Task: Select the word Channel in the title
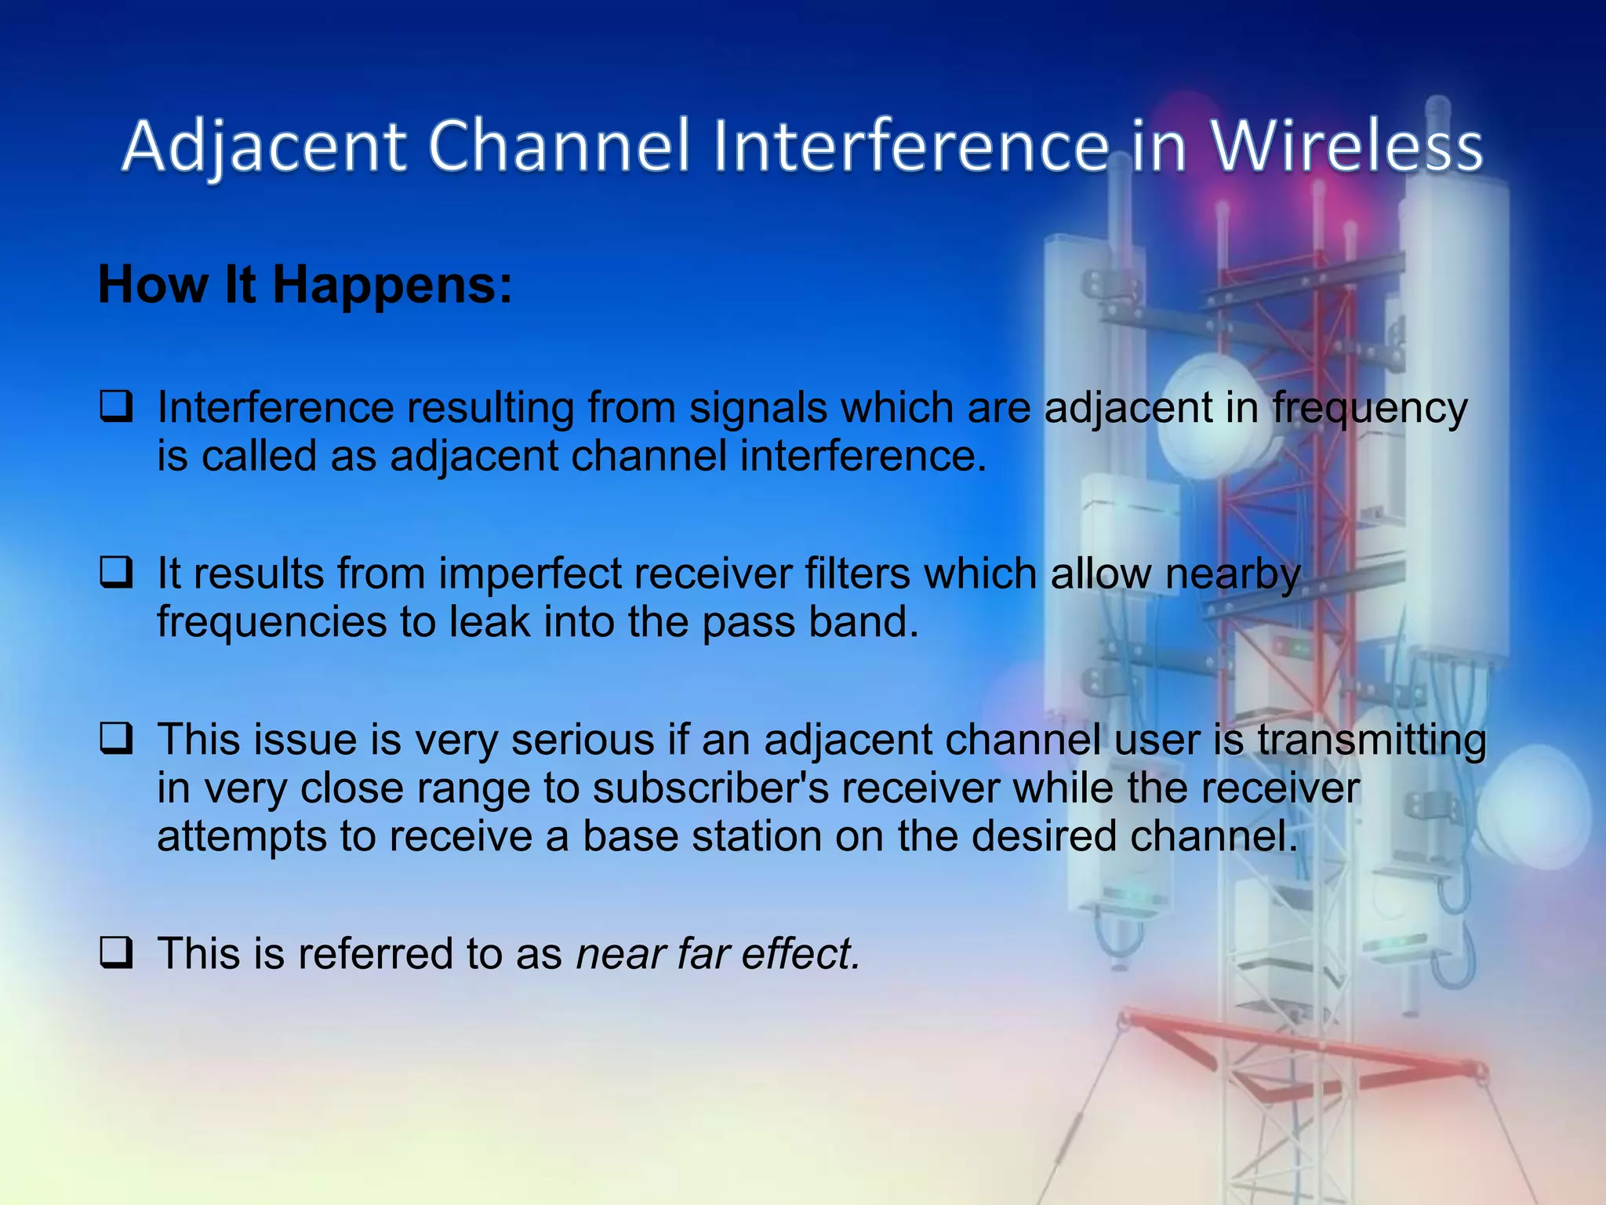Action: pos(558,147)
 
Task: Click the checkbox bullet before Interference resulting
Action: pos(116,408)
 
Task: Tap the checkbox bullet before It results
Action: pos(116,573)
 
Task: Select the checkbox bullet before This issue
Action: pos(116,739)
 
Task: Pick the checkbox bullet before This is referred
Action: pos(116,953)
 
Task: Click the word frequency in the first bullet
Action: pos(1369,410)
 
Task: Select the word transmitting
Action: pos(1372,741)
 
